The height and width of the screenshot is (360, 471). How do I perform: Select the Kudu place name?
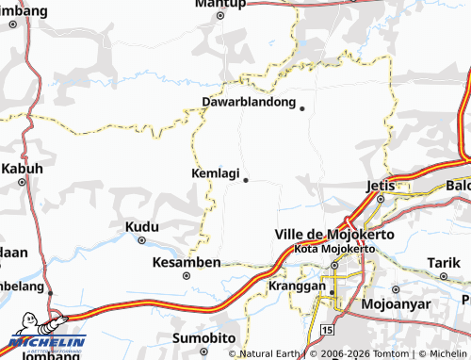click(141, 227)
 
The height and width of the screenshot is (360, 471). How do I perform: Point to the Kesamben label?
click(187, 261)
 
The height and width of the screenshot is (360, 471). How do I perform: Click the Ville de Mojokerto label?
click(320, 234)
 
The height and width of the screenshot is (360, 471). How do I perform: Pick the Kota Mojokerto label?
click(334, 248)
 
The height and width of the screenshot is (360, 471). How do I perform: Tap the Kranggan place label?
click(296, 284)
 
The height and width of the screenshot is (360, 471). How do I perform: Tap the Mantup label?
click(219, 4)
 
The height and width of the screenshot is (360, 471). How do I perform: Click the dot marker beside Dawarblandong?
click(301, 108)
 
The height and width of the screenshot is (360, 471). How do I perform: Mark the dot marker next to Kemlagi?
click(245, 179)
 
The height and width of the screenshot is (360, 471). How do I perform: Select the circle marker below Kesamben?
click(187, 276)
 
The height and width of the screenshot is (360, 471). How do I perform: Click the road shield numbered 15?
click(327, 331)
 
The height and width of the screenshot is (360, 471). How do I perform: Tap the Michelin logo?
click(45, 337)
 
